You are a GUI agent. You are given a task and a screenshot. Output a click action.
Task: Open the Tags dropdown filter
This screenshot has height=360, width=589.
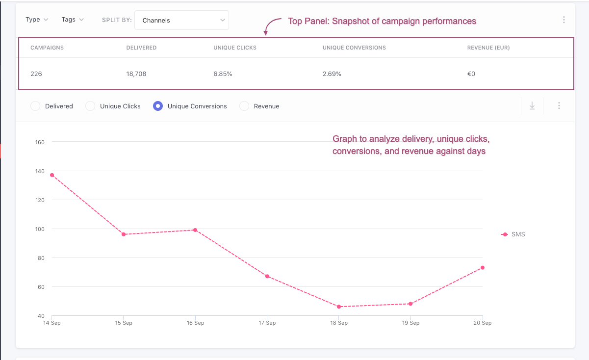(x=73, y=20)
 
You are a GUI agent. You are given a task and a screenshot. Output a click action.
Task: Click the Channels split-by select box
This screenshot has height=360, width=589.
(x=181, y=20)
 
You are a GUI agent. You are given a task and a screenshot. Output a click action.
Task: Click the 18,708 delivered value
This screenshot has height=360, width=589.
(x=136, y=74)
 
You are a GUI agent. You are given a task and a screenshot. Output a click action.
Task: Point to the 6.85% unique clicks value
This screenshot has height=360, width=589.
(x=223, y=74)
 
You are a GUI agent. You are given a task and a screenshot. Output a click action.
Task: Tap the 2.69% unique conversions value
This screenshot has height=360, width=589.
(x=332, y=74)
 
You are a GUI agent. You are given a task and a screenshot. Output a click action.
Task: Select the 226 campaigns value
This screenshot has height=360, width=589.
(x=36, y=74)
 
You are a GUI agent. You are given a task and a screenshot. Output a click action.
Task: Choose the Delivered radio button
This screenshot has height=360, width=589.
(x=35, y=106)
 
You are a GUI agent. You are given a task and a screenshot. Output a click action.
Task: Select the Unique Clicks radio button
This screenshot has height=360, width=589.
(x=90, y=106)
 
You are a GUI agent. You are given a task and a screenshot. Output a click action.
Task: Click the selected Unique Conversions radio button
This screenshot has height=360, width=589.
(x=158, y=106)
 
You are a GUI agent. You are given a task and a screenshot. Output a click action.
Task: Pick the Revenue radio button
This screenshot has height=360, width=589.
(x=244, y=106)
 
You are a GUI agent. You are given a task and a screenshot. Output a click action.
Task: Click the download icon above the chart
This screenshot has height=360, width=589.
(x=532, y=106)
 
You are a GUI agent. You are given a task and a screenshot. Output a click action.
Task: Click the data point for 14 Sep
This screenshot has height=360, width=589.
(x=51, y=175)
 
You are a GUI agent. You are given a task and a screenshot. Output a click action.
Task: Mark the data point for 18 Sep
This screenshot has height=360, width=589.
(x=339, y=307)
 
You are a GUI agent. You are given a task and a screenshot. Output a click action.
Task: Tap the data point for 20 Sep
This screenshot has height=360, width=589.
(x=483, y=268)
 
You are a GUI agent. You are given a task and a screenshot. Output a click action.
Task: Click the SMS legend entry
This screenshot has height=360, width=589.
(x=514, y=234)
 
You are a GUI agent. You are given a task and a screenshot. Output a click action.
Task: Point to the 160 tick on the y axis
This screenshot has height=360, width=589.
(x=40, y=142)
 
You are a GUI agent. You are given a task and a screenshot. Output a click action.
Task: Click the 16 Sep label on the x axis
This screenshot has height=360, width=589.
(x=195, y=323)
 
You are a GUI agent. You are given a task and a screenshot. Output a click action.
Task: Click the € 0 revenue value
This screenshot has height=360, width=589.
(x=471, y=74)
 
